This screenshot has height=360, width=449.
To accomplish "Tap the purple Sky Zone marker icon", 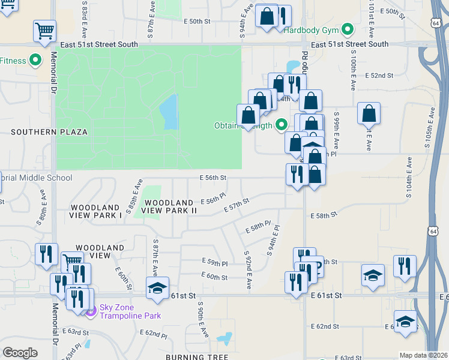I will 91,311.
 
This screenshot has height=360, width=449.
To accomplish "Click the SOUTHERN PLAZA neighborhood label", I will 49,132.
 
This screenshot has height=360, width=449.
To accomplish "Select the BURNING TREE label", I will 197,357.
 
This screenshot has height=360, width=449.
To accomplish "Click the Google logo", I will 20,353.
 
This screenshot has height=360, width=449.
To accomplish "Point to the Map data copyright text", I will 423,355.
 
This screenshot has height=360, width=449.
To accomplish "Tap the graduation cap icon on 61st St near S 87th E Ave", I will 158,287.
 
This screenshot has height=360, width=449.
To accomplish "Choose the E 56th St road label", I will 213,178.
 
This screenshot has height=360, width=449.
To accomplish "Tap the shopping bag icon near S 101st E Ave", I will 369,112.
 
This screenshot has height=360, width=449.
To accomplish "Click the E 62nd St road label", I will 325,326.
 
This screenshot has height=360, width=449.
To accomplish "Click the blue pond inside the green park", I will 169,112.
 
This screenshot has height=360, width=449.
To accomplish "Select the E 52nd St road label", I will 379,76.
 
